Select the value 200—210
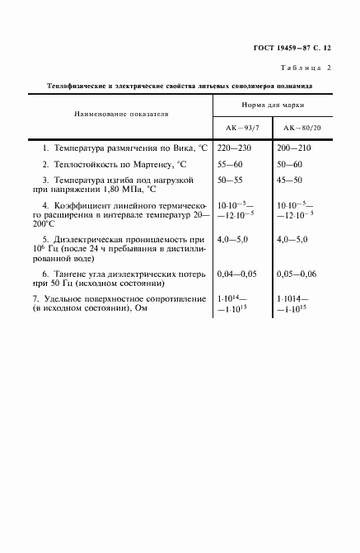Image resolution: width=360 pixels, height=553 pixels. [x=296, y=148]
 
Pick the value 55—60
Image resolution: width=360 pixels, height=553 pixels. [x=231, y=163]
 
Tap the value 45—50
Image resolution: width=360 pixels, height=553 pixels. [x=292, y=178]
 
